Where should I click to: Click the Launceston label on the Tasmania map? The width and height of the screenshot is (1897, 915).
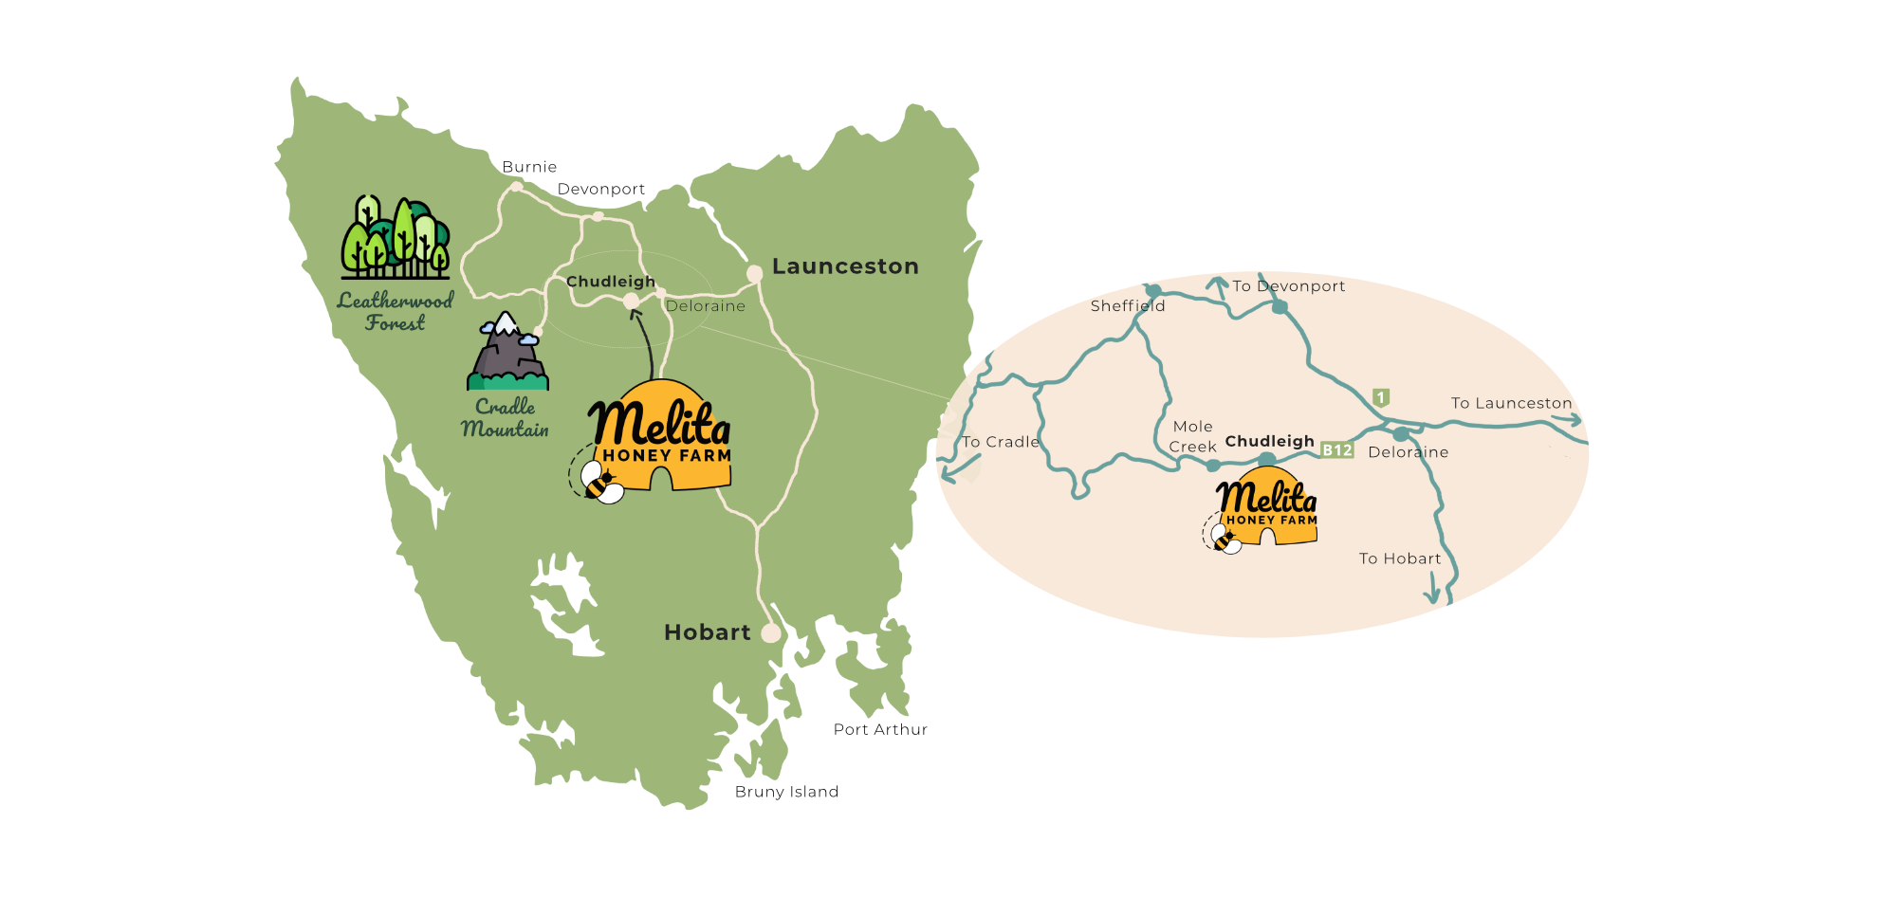click(x=845, y=266)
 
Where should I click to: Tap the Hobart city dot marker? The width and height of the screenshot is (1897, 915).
click(x=771, y=632)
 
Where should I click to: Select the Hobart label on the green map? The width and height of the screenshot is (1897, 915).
click(x=707, y=632)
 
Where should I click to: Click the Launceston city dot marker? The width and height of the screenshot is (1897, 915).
click(x=755, y=274)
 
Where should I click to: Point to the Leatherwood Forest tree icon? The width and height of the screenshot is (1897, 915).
click(x=396, y=237)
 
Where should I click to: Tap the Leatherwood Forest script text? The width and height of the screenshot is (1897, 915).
click(x=396, y=311)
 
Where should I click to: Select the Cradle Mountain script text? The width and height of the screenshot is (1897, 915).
click(x=506, y=418)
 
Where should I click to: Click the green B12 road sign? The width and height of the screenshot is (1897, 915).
click(x=1337, y=450)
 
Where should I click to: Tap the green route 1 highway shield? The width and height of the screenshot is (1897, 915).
click(x=1381, y=397)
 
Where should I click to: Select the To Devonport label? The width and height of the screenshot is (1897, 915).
click(x=1288, y=286)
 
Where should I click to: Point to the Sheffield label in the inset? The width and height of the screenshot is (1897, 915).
click(x=1128, y=305)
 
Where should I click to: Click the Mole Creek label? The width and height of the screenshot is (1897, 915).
click(x=1192, y=437)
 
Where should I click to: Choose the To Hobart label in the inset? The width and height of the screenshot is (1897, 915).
click(x=1400, y=558)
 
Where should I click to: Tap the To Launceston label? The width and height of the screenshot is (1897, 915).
click(x=1511, y=403)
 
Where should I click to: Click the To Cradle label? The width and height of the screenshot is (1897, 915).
click(x=1001, y=442)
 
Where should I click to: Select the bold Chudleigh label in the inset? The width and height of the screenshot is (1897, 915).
click(x=1269, y=441)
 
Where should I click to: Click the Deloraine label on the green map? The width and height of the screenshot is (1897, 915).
click(x=706, y=306)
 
